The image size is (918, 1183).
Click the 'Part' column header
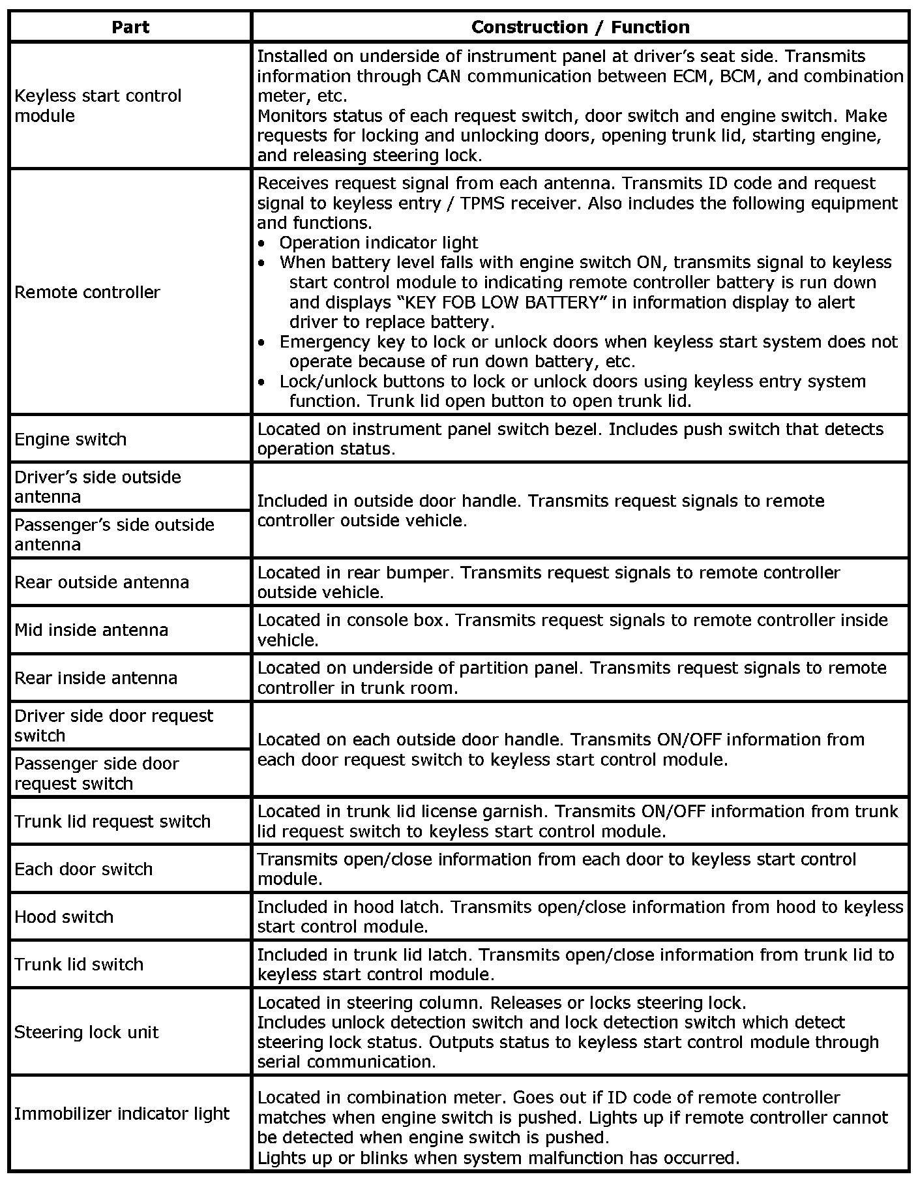(x=130, y=27)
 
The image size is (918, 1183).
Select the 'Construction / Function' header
(x=580, y=27)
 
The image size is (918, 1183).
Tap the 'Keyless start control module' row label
(x=98, y=106)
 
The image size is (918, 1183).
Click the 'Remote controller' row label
(x=87, y=292)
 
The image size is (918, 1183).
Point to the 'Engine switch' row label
(x=70, y=439)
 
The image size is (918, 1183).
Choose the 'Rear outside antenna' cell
(x=102, y=582)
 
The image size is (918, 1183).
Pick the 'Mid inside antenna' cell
(x=91, y=629)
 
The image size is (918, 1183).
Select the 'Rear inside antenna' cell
(x=96, y=678)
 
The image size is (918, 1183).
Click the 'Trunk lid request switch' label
(x=112, y=821)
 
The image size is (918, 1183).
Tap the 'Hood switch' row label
(x=64, y=916)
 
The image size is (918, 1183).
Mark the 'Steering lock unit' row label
(x=86, y=1032)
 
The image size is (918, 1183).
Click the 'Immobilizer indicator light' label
(x=122, y=1113)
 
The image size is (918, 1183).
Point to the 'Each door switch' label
(x=83, y=869)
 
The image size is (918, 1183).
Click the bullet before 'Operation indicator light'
(x=262, y=243)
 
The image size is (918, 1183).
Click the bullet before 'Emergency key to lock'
(x=262, y=342)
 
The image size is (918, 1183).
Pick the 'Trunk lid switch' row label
(x=79, y=964)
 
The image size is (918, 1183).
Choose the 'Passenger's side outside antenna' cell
(x=114, y=534)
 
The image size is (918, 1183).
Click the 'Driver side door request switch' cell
(x=113, y=725)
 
